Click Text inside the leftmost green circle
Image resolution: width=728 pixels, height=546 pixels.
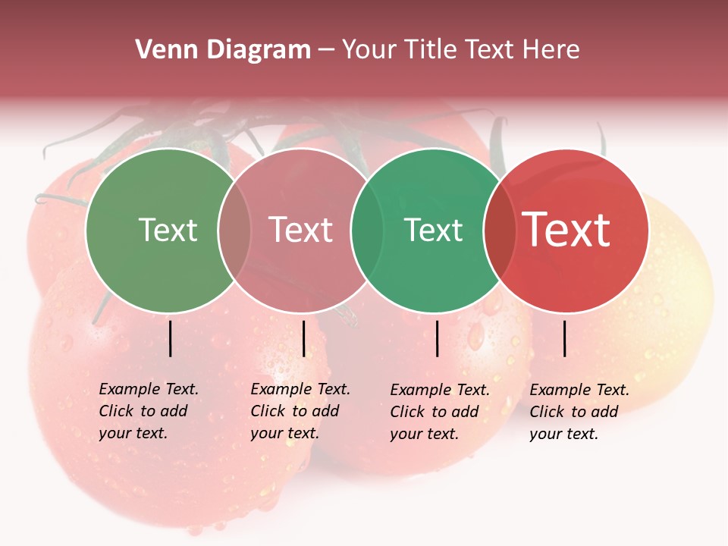click(168, 231)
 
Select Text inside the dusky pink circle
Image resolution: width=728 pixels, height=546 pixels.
click(301, 231)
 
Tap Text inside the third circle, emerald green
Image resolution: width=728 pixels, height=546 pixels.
click(434, 231)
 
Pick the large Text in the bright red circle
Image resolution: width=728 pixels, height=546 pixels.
click(566, 230)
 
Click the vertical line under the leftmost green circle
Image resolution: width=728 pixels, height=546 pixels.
click(170, 338)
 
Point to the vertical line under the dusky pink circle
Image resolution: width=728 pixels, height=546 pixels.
click(303, 338)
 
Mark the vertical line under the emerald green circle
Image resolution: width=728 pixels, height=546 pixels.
click(437, 338)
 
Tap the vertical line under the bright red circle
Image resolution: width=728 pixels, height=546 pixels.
click(565, 338)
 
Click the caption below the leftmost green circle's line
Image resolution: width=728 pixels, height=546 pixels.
click(149, 411)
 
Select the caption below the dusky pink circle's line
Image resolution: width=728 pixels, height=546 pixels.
click(300, 411)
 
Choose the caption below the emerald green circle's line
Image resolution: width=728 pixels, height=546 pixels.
click(440, 412)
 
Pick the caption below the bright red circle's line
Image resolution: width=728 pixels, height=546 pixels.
click(579, 412)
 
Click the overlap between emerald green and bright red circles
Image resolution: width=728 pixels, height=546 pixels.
click(497, 231)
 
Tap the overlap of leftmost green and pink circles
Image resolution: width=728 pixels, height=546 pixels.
click(234, 231)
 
